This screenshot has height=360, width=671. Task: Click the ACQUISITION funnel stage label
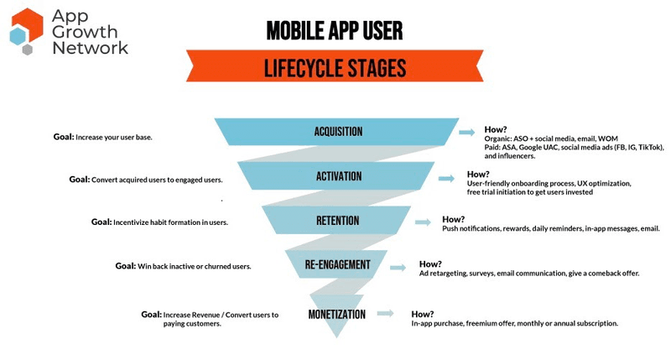click(338, 132)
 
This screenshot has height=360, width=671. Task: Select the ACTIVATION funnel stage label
click(338, 176)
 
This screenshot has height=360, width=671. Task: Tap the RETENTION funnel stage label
click(338, 222)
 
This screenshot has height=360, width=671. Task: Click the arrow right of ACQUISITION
click(467, 132)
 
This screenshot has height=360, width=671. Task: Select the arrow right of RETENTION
click(423, 222)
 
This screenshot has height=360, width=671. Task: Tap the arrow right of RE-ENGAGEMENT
click(402, 267)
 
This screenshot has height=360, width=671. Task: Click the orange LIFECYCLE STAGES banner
click(335, 66)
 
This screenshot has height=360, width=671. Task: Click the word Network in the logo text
click(90, 48)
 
